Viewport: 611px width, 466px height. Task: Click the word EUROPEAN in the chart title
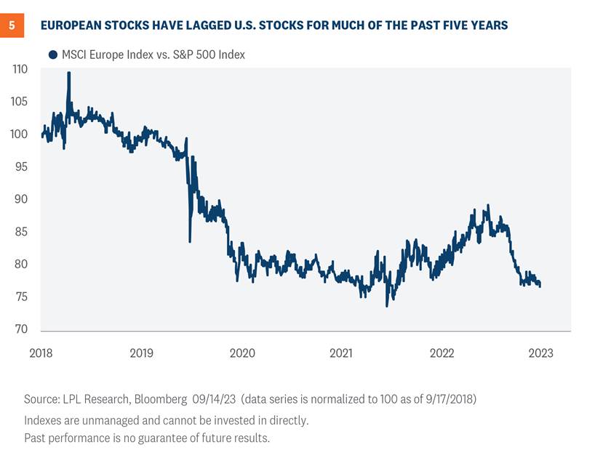73,25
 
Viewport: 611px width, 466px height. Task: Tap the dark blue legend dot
53,55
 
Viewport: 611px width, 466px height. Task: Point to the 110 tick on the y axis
20,70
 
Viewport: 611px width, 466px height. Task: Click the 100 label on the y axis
20,134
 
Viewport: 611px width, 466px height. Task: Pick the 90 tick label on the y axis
21,199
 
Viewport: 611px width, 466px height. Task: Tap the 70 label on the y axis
21,329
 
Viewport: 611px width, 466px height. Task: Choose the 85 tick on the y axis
21,232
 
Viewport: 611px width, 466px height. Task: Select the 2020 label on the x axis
242,353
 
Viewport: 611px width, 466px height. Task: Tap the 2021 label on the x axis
342,353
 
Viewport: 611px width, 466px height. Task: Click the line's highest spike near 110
69,73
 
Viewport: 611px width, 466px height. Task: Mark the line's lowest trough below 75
386,305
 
